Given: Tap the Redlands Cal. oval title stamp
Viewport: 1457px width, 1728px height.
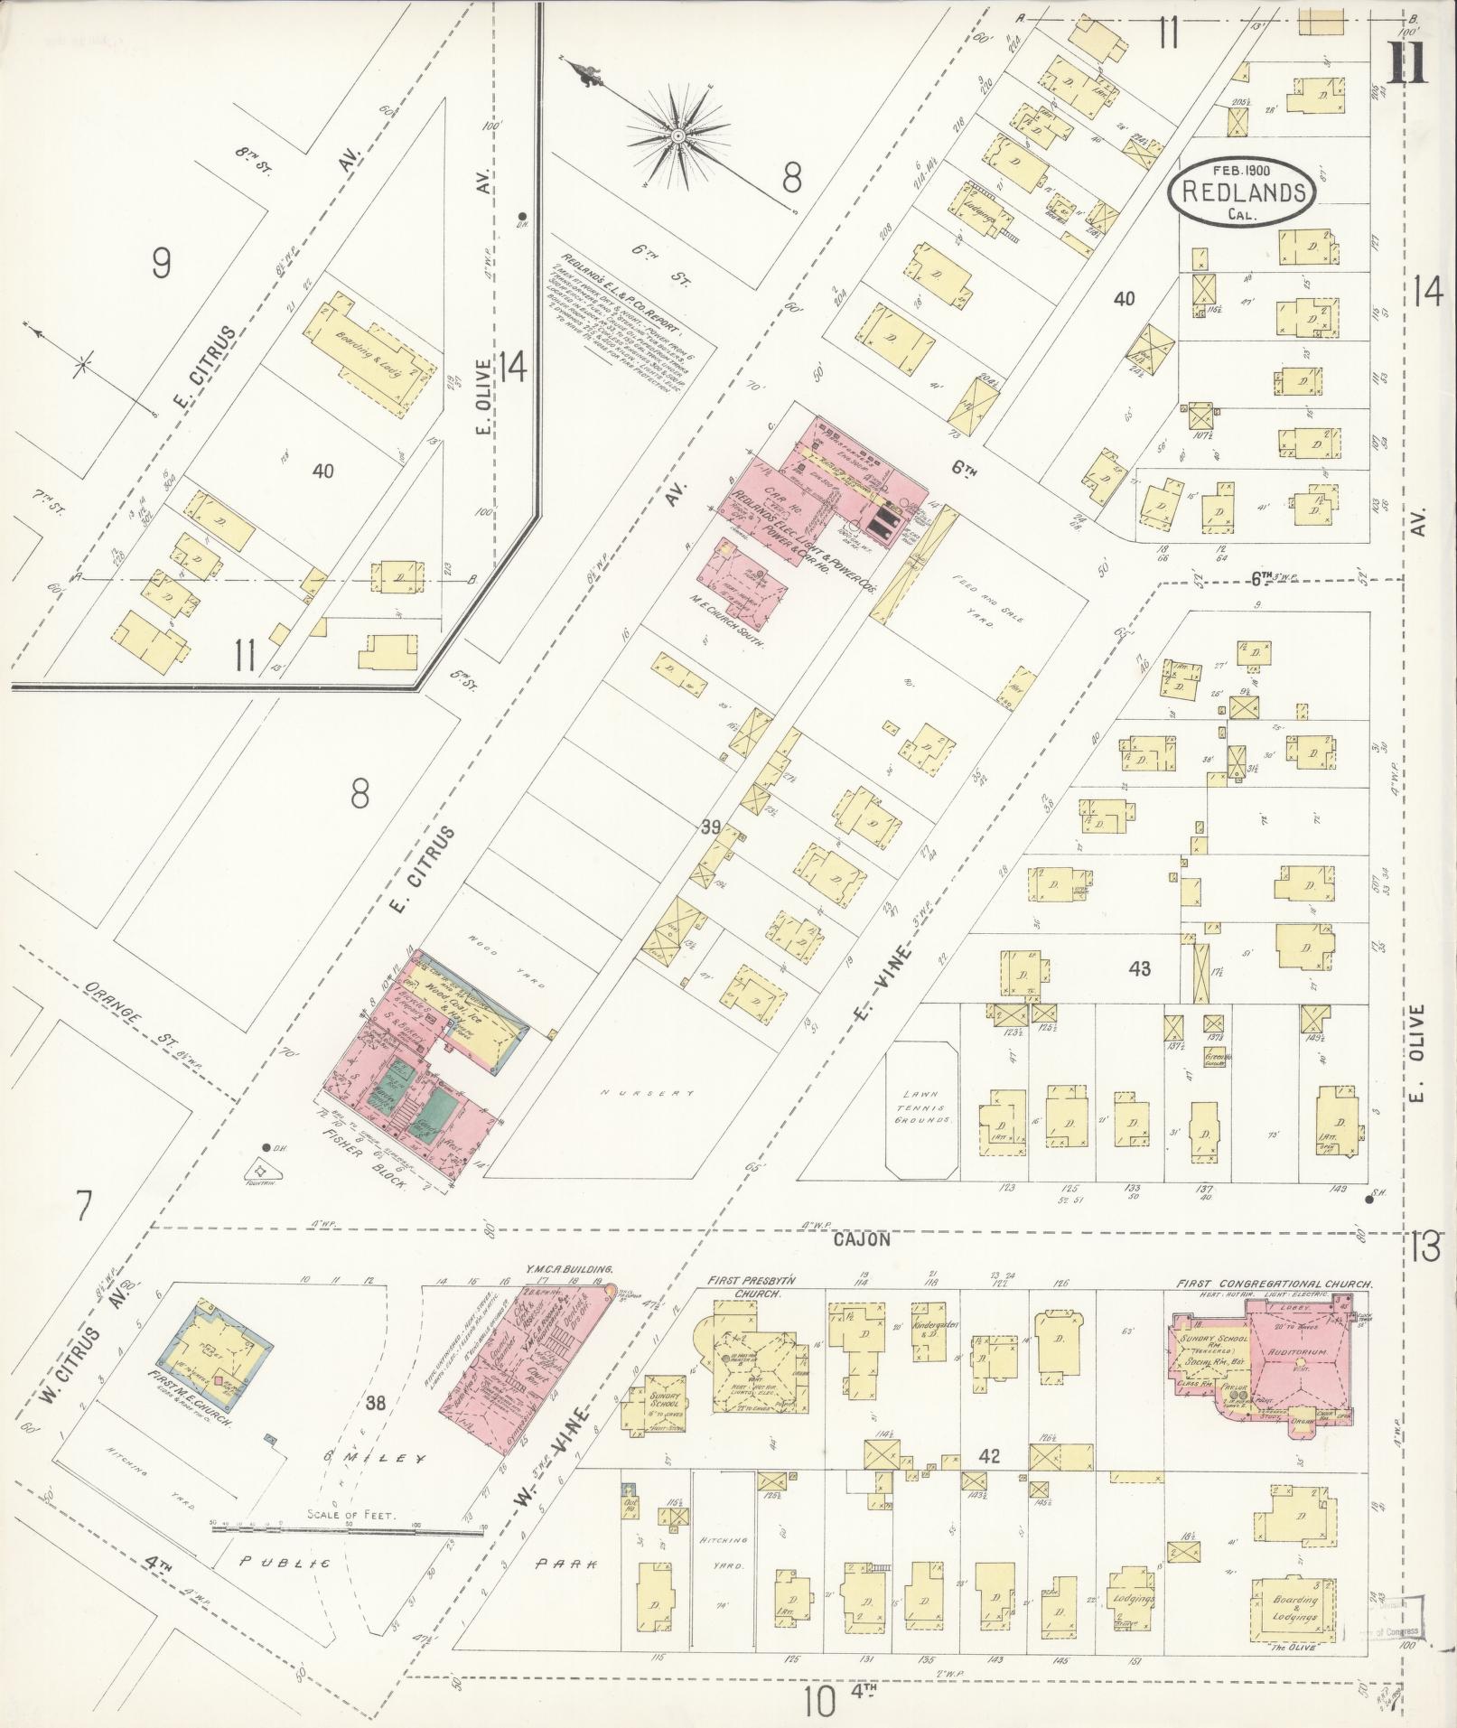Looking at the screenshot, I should click(x=1241, y=192).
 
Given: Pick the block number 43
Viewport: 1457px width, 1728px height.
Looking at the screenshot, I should click(x=1139, y=968).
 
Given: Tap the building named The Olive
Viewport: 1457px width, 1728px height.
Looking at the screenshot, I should click(x=1293, y=1604).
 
